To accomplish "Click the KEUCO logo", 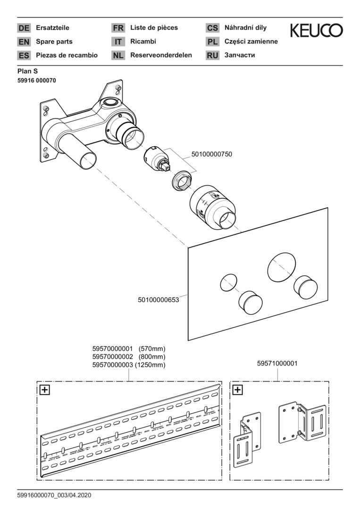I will (x=316, y=31).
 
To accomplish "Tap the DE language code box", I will (x=24, y=28).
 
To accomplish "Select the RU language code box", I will (x=212, y=55).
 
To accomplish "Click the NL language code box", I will (x=118, y=55).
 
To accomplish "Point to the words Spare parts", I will (x=54, y=42).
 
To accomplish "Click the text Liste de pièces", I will (x=154, y=28).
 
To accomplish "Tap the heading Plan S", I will (x=27, y=71).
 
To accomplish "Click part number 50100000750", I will (x=211, y=154).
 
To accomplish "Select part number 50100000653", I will (x=159, y=299).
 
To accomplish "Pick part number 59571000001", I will (x=277, y=364).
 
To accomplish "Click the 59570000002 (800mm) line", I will (x=129, y=357).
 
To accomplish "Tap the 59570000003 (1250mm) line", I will (x=129, y=365).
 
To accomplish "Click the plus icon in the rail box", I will (x=45, y=390).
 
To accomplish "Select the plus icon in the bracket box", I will (x=238, y=390).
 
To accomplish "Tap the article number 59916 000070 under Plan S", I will (x=37, y=80).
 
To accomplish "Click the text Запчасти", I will (x=240, y=55).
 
